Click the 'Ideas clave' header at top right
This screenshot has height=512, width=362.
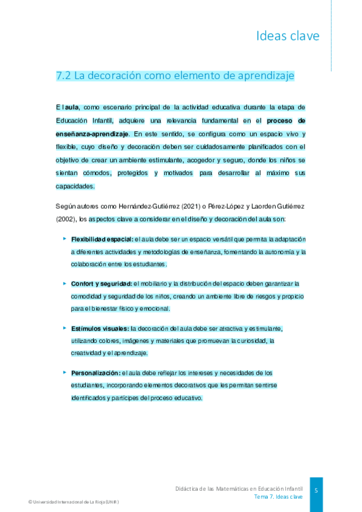pos(288,36)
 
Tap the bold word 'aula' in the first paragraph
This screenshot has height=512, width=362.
pos(72,107)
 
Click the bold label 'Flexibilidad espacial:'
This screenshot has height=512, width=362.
pos(102,239)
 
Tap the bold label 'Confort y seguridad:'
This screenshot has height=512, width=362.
pos(101,283)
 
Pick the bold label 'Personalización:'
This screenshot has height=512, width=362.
pos(95,373)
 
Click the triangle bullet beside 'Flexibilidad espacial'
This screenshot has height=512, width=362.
pos(64,238)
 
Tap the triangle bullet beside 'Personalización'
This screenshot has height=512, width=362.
pos(64,372)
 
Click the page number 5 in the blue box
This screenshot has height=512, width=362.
pos(316,490)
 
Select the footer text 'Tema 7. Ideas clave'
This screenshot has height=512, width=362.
pos(278,496)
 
